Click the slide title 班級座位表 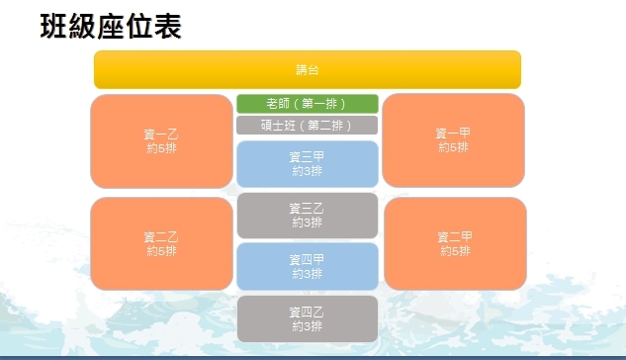coord(111,27)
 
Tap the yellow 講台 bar coord(308,69)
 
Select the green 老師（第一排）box coord(308,104)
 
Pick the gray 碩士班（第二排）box coord(307,126)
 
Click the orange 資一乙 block coord(161,140)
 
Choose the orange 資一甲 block coord(453,140)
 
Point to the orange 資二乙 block coord(161,243)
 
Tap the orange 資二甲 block coord(455,243)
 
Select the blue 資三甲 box coord(308,163)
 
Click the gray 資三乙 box coord(308,216)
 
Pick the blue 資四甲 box coord(308,266)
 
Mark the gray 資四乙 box coord(308,318)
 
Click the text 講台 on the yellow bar coord(308,70)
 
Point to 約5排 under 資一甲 coord(453,147)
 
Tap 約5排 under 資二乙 coord(161,251)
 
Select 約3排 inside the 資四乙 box coord(307,326)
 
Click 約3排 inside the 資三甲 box coord(307,171)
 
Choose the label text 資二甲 coord(455,237)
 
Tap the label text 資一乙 coord(161,135)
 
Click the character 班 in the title coord(53,27)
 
